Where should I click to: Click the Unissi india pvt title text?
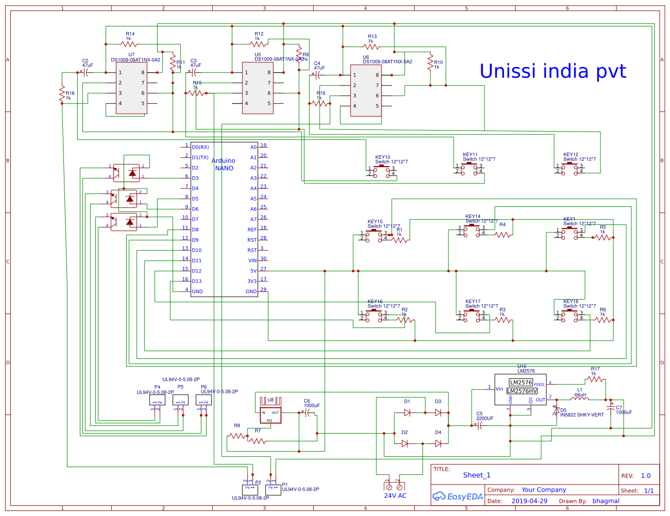[x=552, y=71]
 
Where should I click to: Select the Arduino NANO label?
[x=224, y=164]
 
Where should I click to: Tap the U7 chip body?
[x=131, y=88]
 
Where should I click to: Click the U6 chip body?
[x=366, y=91]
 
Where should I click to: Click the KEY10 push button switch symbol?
[x=382, y=171]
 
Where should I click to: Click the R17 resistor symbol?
[x=595, y=379]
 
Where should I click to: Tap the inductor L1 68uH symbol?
[x=580, y=398]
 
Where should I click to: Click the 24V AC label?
[x=395, y=495]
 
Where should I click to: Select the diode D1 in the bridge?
[x=407, y=412]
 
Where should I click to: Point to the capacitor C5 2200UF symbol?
[x=480, y=425]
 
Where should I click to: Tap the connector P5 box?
[x=180, y=400]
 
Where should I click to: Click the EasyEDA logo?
[x=458, y=496]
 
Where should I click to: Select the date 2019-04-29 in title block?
[x=529, y=501]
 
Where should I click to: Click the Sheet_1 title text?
[x=477, y=475]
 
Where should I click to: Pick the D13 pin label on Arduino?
[x=197, y=281]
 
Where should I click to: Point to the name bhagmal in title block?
[x=606, y=501]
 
